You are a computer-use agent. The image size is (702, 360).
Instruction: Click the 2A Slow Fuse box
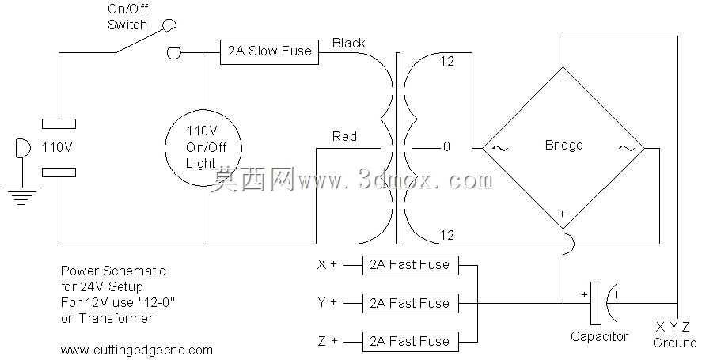(x=270, y=52)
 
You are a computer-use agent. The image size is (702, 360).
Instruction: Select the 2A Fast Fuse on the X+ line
(x=410, y=265)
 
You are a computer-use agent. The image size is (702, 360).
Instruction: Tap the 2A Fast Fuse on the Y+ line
(x=410, y=303)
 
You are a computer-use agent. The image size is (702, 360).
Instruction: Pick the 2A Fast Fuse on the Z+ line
(x=410, y=341)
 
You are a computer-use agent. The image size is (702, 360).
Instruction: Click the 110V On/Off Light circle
(x=165, y=148)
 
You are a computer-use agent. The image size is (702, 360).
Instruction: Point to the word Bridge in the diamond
(x=563, y=145)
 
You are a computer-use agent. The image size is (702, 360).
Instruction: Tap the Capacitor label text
(x=599, y=336)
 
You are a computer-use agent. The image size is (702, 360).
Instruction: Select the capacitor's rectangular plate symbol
(x=595, y=303)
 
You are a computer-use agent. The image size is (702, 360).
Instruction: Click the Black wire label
(x=348, y=43)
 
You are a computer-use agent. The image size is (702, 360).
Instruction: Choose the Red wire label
(x=344, y=136)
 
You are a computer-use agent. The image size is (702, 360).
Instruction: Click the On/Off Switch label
(x=127, y=17)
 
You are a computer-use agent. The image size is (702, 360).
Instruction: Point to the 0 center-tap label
(x=446, y=147)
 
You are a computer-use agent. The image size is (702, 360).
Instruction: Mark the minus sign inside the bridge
(x=563, y=81)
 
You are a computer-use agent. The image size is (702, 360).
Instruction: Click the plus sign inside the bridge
(x=563, y=214)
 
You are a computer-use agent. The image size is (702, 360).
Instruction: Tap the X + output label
(x=327, y=264)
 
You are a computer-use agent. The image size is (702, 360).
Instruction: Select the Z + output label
(x=328, y=341)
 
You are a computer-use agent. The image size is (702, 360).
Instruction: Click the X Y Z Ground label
(x=674, y=335)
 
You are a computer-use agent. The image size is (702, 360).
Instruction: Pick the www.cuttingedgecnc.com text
(x=137, y=350)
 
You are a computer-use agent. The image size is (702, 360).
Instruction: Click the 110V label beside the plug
(x=57, y=147)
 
